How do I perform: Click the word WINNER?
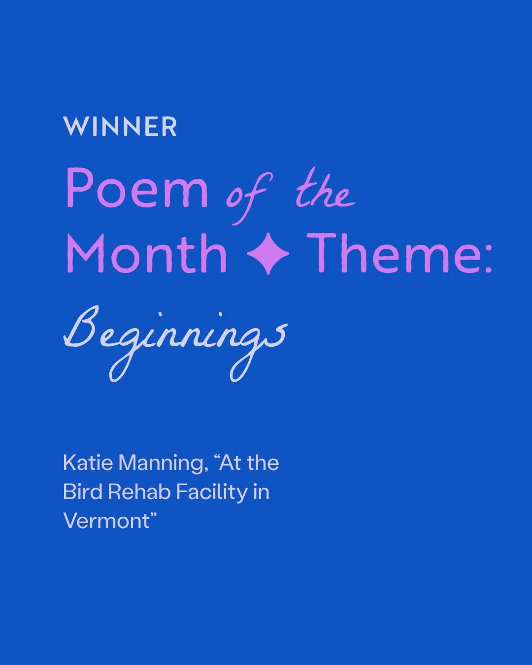point(120,127)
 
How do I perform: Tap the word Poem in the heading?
point(137,188)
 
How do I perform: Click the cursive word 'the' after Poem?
point(326,189)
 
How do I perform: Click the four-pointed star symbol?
point(268,254)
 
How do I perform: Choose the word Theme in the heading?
point(378,253)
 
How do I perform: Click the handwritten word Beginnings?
point(175,343)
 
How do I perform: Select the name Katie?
point(88,471)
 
